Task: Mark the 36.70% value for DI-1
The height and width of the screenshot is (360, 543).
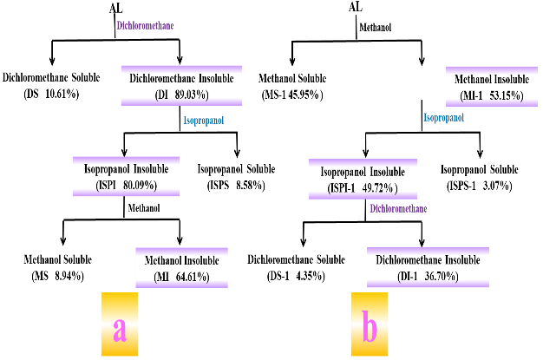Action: coord(438,276)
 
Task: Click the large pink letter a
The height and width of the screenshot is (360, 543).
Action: coord(120,327)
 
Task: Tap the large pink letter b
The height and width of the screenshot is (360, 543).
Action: coord(370,327)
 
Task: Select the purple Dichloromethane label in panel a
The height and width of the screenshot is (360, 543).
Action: coord(145,25)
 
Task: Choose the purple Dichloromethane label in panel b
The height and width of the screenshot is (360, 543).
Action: coord(398,208)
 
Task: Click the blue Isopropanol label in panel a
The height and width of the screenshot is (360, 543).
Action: coord(203,121)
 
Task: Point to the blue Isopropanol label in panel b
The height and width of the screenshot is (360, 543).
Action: coord(443,117)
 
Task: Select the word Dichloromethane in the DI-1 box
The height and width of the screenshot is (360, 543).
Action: coord(410,260)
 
